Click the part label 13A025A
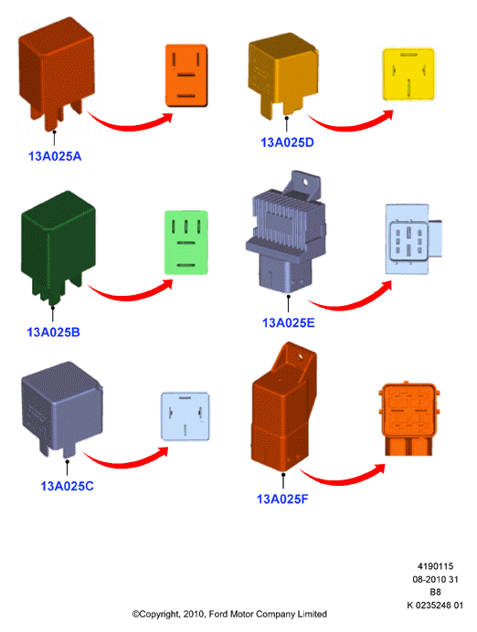(x=55, y=156)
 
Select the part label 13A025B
(x=53, y=332)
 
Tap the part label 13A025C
(x=67, y=486)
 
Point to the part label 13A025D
(x=287, y=142)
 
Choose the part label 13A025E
(x=288, y=322)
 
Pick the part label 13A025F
(x=282, y=499)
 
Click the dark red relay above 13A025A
(x=57, y=74)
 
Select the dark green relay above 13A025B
(x=58, y=248)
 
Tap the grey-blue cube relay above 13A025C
(x=62, y=409)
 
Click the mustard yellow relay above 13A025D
(x=283, y=76)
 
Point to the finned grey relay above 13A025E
(x=286, y=234)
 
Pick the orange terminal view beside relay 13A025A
(x=186, y=76)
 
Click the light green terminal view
(x=185, y=243)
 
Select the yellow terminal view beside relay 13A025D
(x=408, y=74)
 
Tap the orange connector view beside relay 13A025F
(x=408, y=418)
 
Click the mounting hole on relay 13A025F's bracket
(x=300, y=356)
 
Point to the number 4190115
(x=436, y=566)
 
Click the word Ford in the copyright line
(x=218, y=614)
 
